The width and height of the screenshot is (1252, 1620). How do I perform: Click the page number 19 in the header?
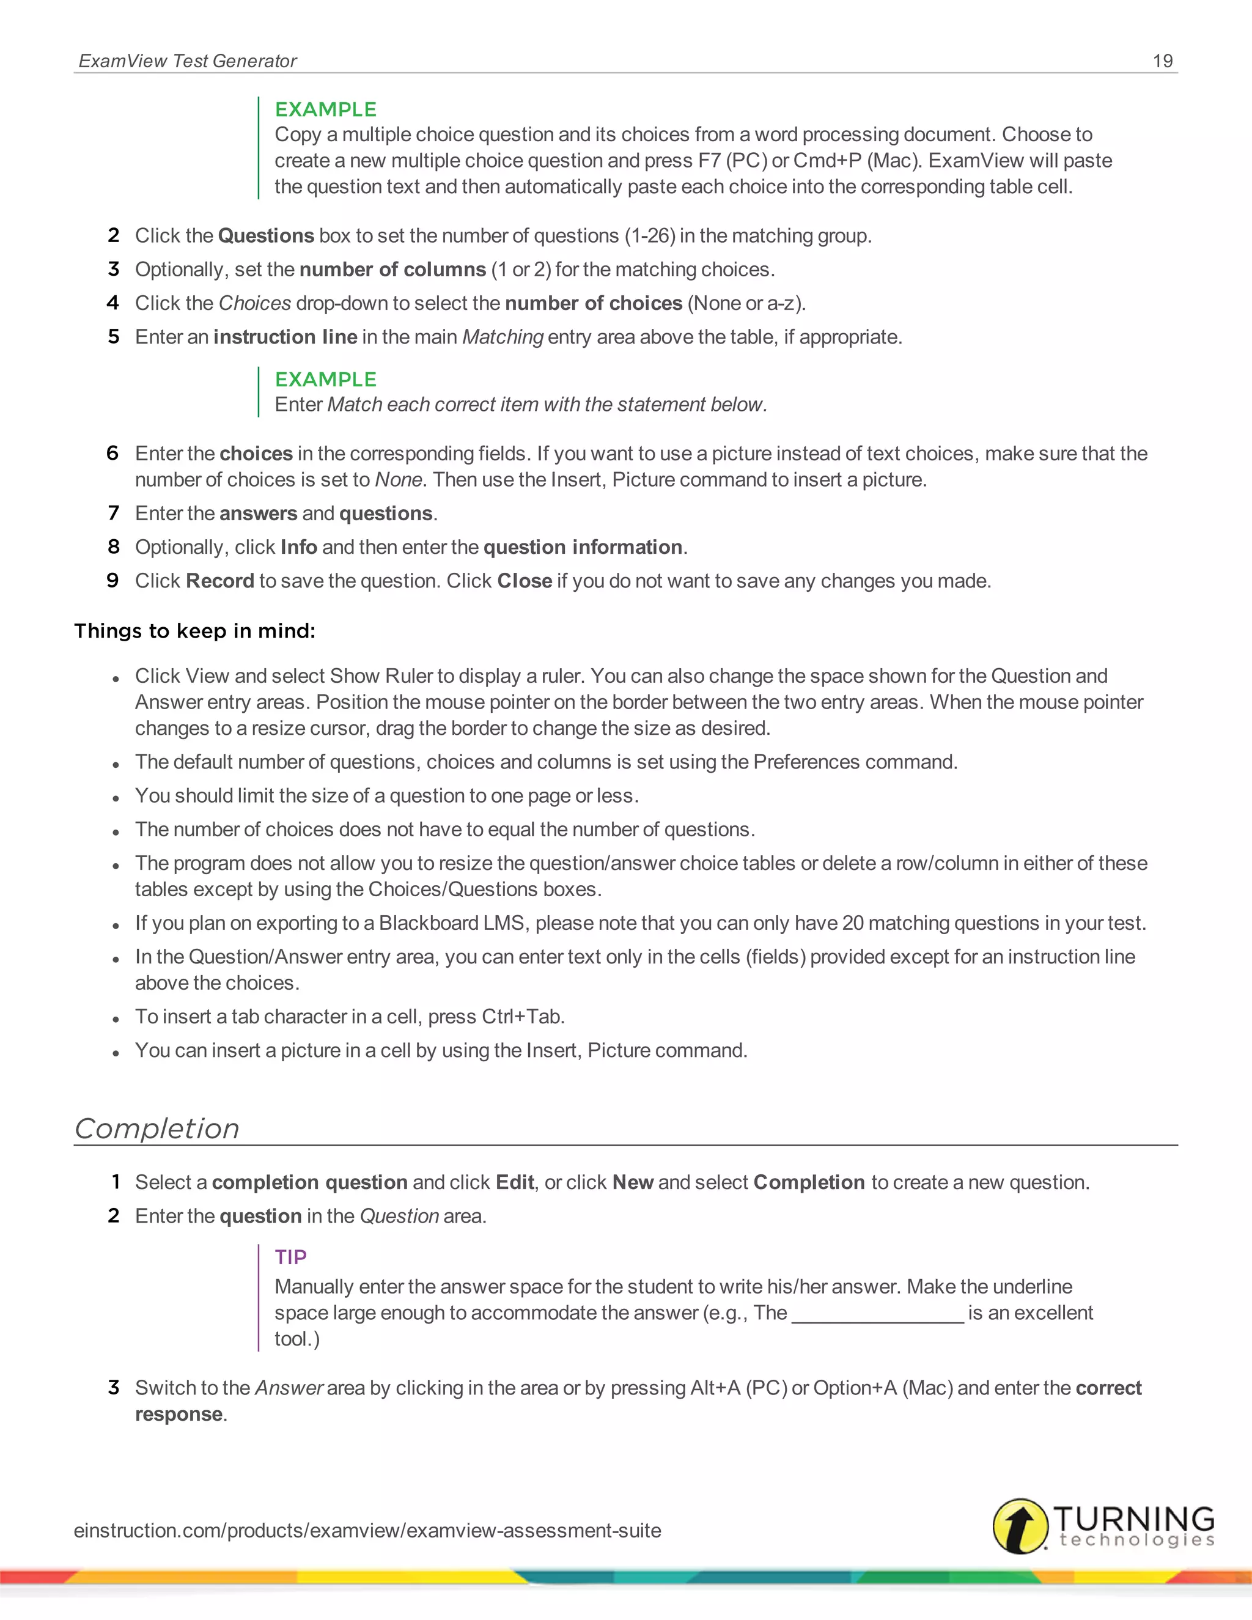click(x=1162, y=61)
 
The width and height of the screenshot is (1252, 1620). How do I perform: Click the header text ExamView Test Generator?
click(x=188, y=61)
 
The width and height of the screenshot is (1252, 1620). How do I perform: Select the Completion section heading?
click(x=157, y=1128)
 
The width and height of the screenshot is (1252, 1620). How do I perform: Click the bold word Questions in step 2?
click(x=265, y=236)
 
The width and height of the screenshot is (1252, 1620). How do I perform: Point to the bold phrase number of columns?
click(x=392, y=269)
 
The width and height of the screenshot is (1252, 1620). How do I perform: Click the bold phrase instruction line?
click(x=285, y=337)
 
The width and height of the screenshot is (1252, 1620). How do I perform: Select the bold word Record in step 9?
click(x=219, y=581)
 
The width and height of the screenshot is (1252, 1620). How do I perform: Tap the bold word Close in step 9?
click(x=525, y=581)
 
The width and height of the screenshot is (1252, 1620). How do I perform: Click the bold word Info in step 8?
click(x=298, y=547)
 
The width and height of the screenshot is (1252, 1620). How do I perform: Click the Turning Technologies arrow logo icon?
click(x=1020, y=1525)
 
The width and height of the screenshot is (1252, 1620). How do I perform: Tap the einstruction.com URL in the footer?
click(x=367, y=1530)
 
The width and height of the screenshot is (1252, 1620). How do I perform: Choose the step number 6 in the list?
click(x=112, y=453)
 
